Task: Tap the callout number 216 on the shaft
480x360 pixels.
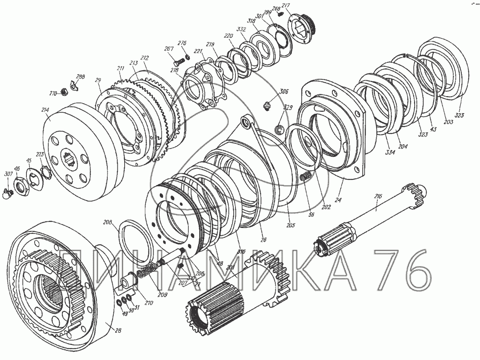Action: pos(378,197)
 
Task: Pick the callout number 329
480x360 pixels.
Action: pos(288,107)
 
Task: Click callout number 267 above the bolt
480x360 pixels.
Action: pos(169,49)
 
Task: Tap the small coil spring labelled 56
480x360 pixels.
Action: pos(306,176)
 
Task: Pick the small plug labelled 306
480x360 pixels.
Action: pos(267,105)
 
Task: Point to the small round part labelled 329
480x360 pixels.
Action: pos(279,129)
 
